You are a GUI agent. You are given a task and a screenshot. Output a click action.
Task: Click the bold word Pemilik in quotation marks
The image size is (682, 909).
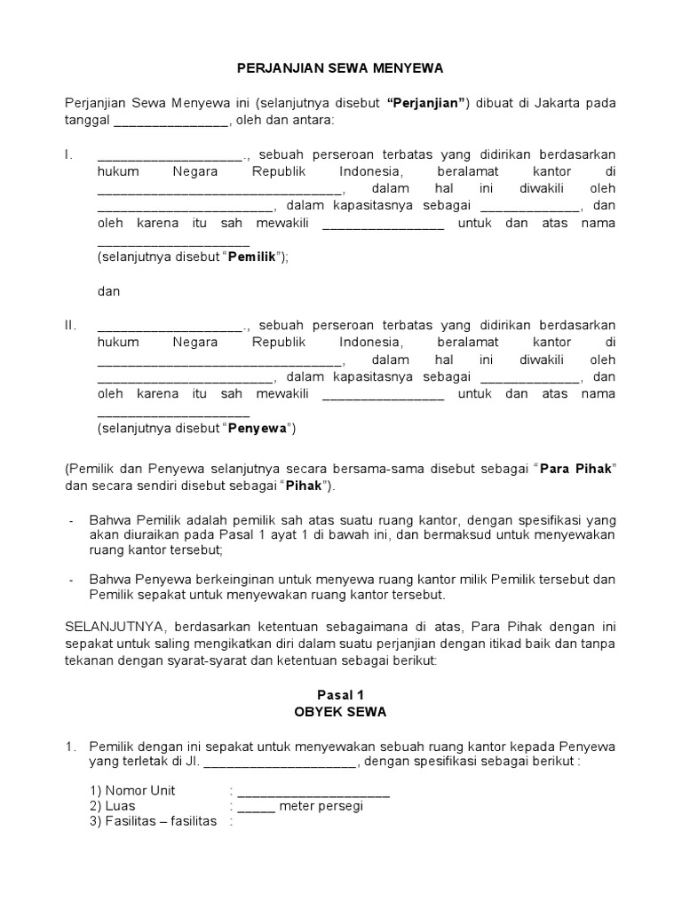point(253,257)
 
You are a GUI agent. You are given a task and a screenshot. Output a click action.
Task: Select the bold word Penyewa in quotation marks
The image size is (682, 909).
point(257,429)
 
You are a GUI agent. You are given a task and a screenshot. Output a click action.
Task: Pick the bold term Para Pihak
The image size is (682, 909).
point(575,469)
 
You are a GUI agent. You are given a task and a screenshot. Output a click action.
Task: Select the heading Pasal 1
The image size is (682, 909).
point(340,695)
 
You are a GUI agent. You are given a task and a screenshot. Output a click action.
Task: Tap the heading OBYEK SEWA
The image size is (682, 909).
point(340,713)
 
